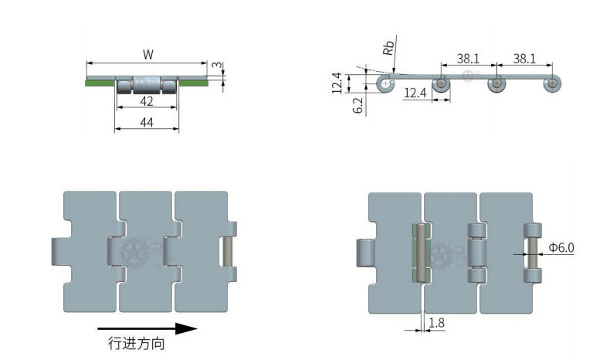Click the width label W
(147, 55)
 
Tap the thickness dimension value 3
(218, 65)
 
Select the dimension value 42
(146, 101)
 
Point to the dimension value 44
(146, 123)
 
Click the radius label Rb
(388, 47)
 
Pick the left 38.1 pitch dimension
(468, 59)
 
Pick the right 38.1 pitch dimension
(524, 59)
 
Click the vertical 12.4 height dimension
(337, 83)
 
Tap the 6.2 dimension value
(358, 105)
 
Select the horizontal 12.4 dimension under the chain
(415, 93)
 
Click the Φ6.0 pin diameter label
(561, 247)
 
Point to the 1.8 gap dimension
(436, 323)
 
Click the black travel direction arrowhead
(186, 329)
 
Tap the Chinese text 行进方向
(137, 344)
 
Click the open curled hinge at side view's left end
(385, 83)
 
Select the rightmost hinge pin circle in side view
(552, 83)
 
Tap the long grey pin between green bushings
(421, 253)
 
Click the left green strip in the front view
(100, 83)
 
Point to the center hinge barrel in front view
(147, 84)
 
